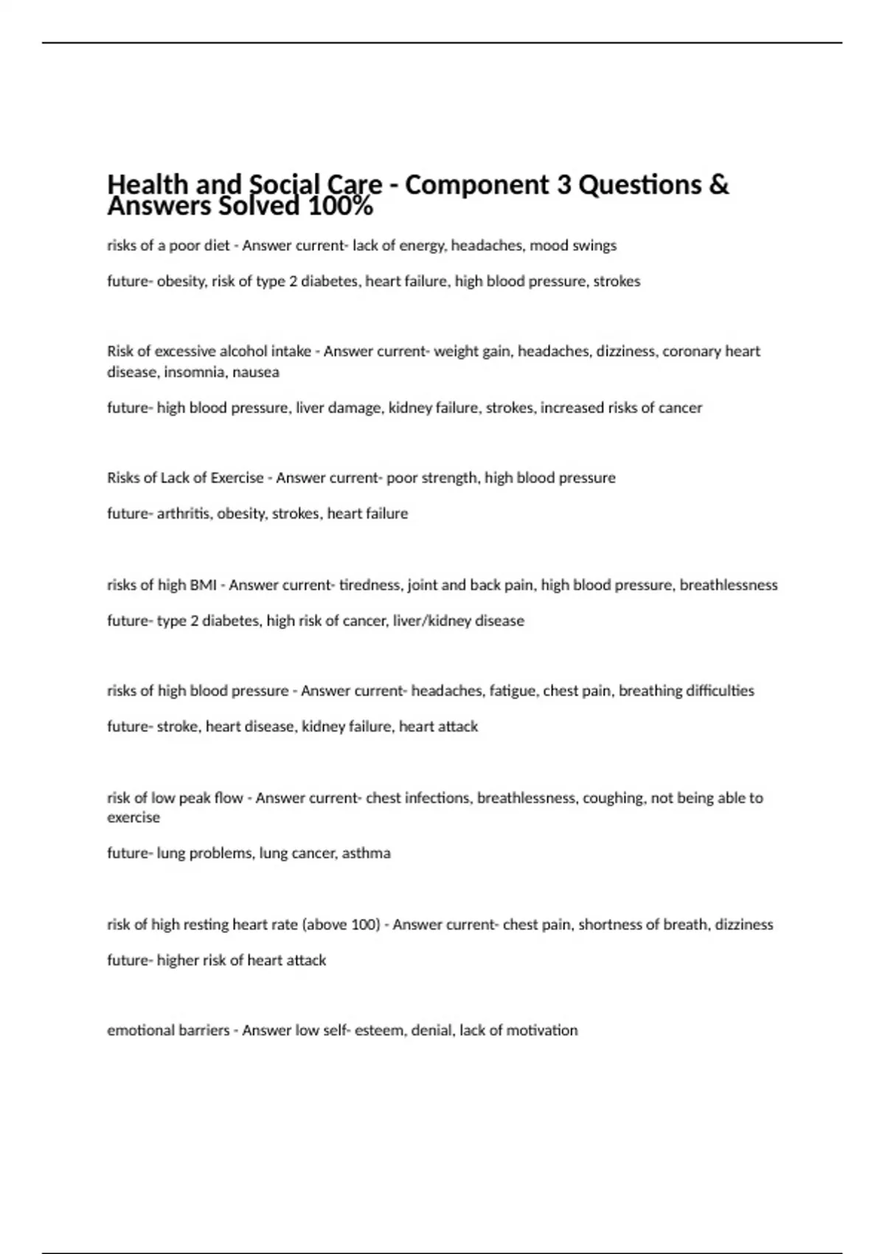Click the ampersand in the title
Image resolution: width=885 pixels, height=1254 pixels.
(x=718, y=184)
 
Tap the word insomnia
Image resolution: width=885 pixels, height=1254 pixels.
(x=194, y=372)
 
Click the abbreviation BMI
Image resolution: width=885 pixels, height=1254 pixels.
(x=203, y=585)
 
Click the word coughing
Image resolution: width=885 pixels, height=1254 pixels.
(x=613, y=797)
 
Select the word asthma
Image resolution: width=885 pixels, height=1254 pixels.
(x=366, y=853)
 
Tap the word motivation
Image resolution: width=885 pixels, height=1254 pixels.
(x=544, y=1030)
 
